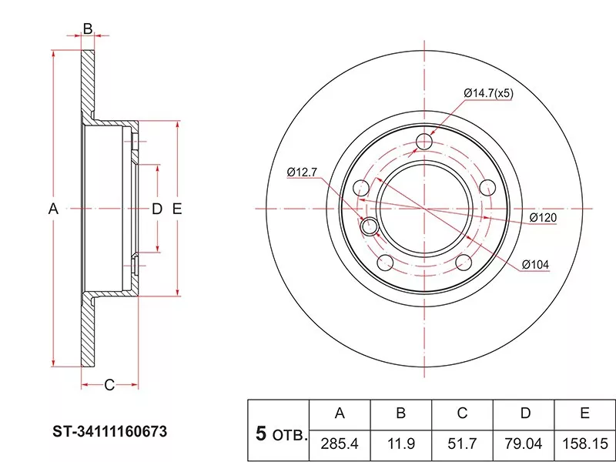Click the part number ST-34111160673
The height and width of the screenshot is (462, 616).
(110, 431)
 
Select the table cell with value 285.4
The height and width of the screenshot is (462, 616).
(340, 444)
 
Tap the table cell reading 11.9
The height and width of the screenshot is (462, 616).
(400, 444)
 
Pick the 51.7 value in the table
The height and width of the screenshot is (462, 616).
(462, 444)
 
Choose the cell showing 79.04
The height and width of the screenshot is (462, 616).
(524, 444)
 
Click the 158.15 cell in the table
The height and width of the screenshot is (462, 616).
(585, 444)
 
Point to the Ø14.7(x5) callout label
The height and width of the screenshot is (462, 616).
(488, 93)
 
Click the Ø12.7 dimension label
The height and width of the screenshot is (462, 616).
(302, 172)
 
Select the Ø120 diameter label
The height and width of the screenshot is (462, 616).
(543, 217)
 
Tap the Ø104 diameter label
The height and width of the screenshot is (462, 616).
(535, 265)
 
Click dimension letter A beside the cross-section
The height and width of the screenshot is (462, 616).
(53, 209)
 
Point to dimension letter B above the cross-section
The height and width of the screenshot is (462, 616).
(88, 28)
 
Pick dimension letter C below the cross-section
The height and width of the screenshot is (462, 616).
(109, 385)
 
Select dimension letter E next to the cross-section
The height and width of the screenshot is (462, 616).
(177, 209)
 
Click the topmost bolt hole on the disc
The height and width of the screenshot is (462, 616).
(424, 142)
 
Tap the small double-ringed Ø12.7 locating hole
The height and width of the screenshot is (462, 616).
(370, 226)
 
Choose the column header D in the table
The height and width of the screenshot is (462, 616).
(525, 413)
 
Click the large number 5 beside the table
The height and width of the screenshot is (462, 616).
(261, 434)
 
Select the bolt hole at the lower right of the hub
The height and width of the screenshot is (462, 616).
(464, 263)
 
